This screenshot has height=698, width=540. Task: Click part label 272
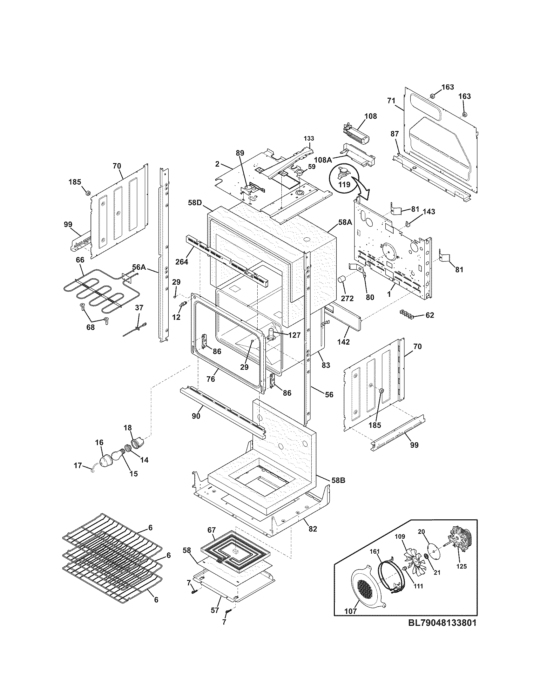tap(347, 299)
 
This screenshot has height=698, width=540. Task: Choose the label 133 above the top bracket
tap(309, 138)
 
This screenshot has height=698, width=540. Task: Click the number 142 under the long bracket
tap(343, 342)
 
